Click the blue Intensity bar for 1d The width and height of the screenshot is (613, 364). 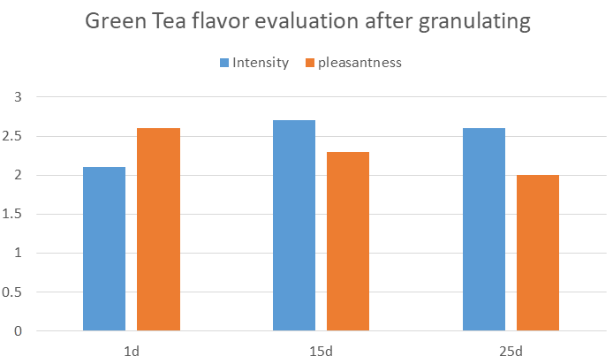coord(104,249)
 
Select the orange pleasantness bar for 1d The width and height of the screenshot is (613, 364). coord(158,230)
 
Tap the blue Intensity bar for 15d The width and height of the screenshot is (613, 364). coord(294,225)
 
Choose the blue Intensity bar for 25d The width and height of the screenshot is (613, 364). coord(484,230)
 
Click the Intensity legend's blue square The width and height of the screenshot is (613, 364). coord(224,63)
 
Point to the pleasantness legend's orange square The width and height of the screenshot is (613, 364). coord(310,63)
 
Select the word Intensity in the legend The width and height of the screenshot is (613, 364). coord(261,63)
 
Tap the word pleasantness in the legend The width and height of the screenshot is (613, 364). coord(359,63)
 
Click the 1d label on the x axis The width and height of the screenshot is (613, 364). coord(132,352)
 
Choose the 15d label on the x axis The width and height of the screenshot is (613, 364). coord(322,352)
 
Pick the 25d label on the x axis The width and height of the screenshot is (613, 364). coord(511,352)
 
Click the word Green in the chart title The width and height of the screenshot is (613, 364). coord(118,23)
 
